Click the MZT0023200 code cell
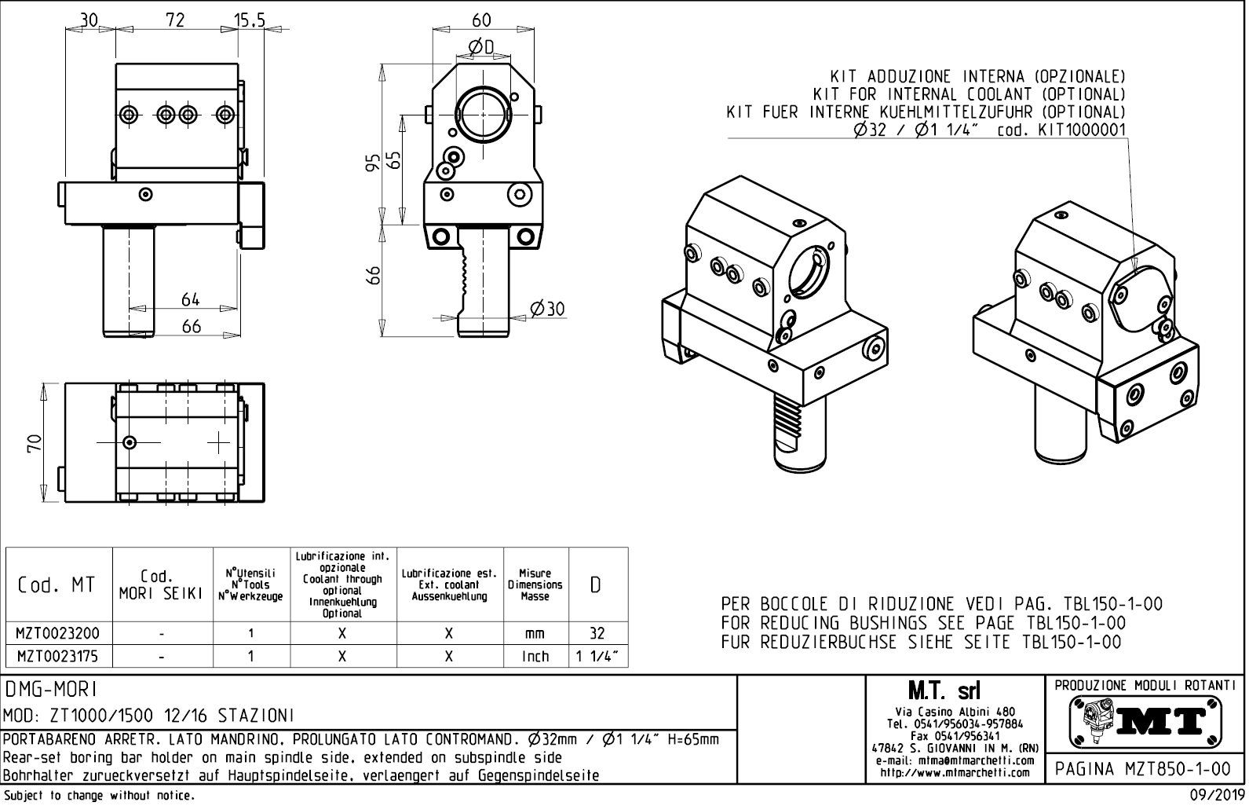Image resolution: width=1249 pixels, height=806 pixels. [58, 633]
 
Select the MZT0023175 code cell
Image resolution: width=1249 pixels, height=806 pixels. [58, 656]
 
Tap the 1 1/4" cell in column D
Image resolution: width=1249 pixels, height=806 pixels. [597, 656]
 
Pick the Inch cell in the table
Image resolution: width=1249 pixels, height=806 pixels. [535, 656]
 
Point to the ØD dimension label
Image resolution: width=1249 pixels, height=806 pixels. [480, 48]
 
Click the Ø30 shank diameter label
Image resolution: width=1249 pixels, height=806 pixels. [547, 309]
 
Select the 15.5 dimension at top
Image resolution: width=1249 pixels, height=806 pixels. [250, 20]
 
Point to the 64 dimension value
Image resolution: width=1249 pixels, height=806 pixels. [191, 299]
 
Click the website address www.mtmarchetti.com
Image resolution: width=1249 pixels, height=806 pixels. [955, 772]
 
